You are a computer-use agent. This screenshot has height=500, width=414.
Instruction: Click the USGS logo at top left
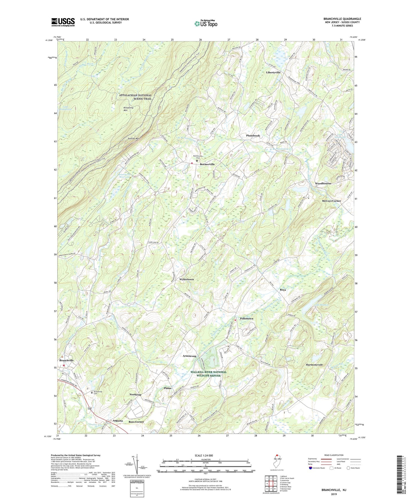tap(63, 22)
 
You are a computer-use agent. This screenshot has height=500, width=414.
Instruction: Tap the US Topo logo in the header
tap(206, 23)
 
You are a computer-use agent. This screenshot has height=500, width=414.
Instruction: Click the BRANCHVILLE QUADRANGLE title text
tap(342, 19)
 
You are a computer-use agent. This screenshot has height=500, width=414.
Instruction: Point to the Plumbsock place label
tap(253, 135)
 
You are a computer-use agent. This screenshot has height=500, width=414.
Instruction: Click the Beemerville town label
tap(207, 164)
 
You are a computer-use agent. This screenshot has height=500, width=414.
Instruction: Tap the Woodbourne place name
tap(323, 183)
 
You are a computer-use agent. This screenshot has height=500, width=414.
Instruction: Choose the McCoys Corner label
tap(331, 201)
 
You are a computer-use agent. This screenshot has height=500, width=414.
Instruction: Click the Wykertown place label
tap(187, 279)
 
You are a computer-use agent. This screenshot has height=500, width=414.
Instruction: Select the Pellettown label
tap(246, 318)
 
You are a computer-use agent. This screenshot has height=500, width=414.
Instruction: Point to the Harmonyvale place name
tap(314, 365)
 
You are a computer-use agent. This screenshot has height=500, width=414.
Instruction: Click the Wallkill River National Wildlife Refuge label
tap(208, 374)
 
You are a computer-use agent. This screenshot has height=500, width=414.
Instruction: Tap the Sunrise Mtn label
tap(134, 139)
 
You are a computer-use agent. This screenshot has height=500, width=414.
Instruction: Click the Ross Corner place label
tap(136, 422)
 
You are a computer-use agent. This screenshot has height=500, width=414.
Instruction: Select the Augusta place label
tap(118, 421)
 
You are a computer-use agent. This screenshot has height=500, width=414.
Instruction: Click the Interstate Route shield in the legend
tap(311, 468)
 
